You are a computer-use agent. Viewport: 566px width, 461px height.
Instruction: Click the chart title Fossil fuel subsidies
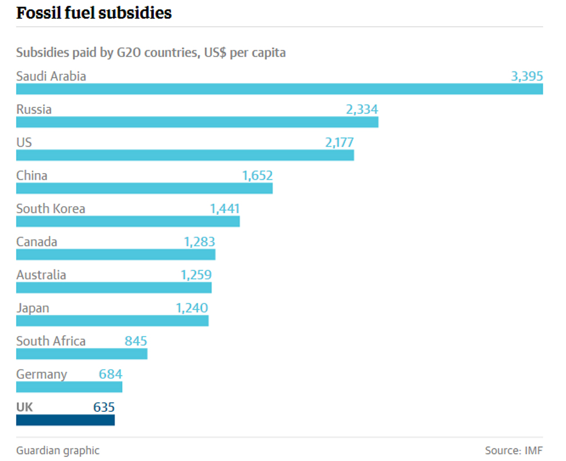coord(94,13)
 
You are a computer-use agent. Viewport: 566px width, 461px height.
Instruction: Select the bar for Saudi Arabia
coord(279,89)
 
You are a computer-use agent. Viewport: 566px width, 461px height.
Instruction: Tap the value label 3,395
coord(527,76)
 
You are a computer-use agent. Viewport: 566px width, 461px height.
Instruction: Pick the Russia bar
coord(197,122)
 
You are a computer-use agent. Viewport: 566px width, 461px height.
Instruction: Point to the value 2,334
coord(362,109)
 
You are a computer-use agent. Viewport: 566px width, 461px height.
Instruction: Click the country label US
coord(24,142)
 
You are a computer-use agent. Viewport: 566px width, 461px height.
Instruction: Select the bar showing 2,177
coord(185,155)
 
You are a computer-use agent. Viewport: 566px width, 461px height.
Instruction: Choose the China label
coord(31,175)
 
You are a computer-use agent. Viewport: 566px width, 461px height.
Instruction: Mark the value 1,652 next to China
coord(257,175)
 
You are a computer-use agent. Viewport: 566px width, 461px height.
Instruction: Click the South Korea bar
coord(127,221)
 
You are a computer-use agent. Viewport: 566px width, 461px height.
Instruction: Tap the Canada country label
coord(37,242)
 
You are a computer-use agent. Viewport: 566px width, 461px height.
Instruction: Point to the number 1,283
coord(200,242)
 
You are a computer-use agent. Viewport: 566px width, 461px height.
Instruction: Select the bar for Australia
coord(114,287)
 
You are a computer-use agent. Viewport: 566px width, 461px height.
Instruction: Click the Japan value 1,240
coord(192,308)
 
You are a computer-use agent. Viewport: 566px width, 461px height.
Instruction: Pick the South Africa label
coord(51,341)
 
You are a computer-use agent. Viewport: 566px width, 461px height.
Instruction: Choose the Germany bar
coord(69,387)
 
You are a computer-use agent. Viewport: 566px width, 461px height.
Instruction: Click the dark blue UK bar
coord(65,420)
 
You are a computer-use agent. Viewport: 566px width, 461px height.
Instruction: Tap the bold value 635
coord(104,407)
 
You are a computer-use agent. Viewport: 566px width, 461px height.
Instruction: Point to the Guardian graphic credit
coord(58,450)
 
